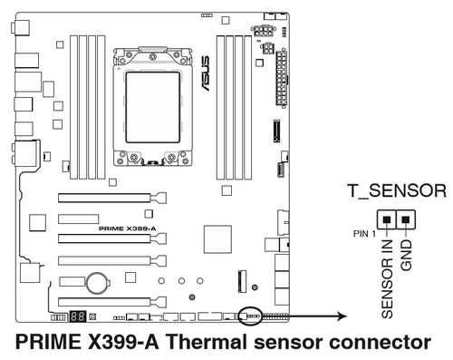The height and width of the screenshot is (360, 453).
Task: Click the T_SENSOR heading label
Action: point(397,191)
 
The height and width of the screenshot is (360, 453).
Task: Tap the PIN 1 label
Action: point(365,234)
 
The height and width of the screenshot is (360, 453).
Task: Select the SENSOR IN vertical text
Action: point(388,278)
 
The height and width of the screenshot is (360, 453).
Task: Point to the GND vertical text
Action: point(406,255)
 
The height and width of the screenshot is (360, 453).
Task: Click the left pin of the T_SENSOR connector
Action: point(387,219)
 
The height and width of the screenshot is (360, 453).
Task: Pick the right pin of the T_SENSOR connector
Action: point(406,219)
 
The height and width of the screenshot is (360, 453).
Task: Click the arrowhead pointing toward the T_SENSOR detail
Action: point(342,316)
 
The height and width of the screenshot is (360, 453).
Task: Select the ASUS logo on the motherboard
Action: point(205,73)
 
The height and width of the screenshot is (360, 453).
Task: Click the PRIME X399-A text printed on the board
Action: point(128,229)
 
